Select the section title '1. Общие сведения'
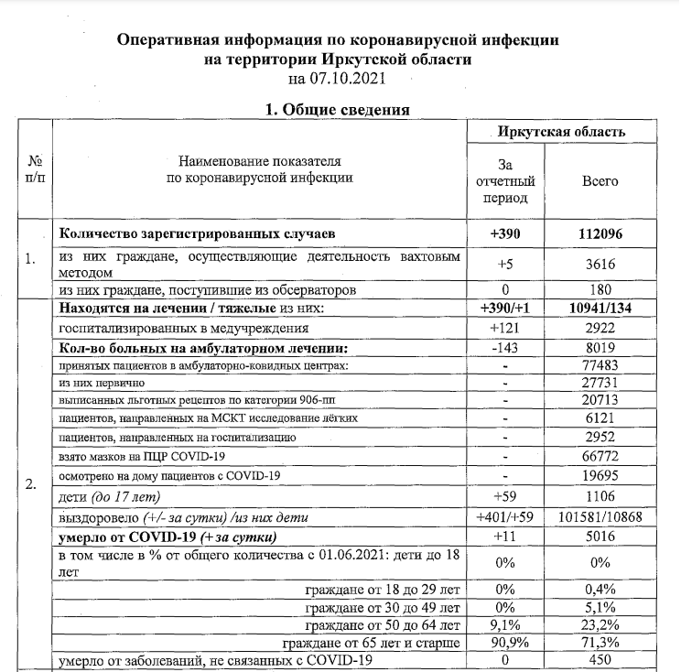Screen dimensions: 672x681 337,111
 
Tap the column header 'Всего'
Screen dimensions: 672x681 600,181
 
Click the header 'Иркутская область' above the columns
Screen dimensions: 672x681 561,132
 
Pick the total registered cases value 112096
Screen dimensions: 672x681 600,234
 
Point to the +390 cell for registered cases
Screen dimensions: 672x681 504,234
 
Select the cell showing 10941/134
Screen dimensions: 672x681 600,309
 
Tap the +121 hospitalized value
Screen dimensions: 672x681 504,327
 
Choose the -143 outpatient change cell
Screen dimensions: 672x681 504,347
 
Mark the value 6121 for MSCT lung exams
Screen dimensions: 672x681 600,418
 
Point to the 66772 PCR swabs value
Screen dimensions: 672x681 600,456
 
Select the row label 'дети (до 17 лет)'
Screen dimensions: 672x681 109,496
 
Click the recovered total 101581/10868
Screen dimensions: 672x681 600,516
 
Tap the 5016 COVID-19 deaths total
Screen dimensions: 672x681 600,536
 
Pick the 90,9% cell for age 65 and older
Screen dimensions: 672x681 504,643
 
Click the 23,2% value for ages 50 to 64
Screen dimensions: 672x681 600,624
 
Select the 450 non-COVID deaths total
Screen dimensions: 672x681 600,660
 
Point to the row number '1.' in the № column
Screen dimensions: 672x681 31,259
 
